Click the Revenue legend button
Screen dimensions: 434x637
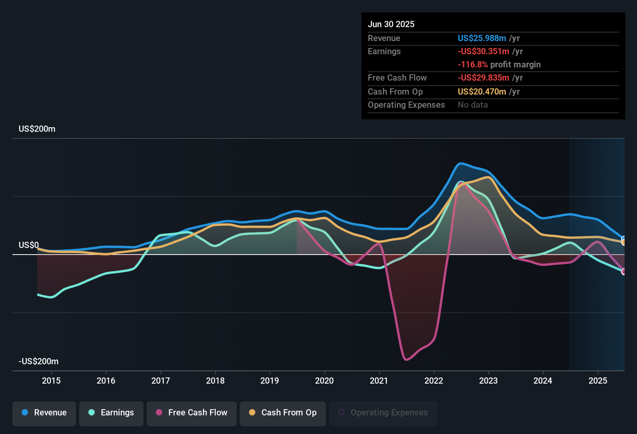point(44,413)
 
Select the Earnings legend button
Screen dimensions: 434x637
point(111,413)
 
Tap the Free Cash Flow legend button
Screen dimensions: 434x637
point(192,413)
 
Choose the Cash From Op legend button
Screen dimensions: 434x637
point(283,413)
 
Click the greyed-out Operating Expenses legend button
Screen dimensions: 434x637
point(383,413)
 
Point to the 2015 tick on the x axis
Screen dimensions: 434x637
point(51,381)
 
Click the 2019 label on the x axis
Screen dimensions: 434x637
point(270,381)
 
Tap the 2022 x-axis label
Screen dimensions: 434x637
point(434,381)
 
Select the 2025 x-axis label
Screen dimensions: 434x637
point(598,381)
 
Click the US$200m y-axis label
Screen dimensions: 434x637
point(37,129)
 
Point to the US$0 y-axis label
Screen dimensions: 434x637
point(29,245)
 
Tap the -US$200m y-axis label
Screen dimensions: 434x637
point(38,362)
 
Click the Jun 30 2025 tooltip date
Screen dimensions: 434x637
point(391,24)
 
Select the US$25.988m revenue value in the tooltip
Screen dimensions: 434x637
point(482,38)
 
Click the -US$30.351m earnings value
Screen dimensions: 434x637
point(483,51)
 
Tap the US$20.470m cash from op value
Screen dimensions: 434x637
point(482,91)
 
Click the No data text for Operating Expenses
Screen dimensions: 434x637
point(473,105)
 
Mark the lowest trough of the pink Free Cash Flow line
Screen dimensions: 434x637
point(406,360)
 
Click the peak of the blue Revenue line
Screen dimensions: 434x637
point(460,164)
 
